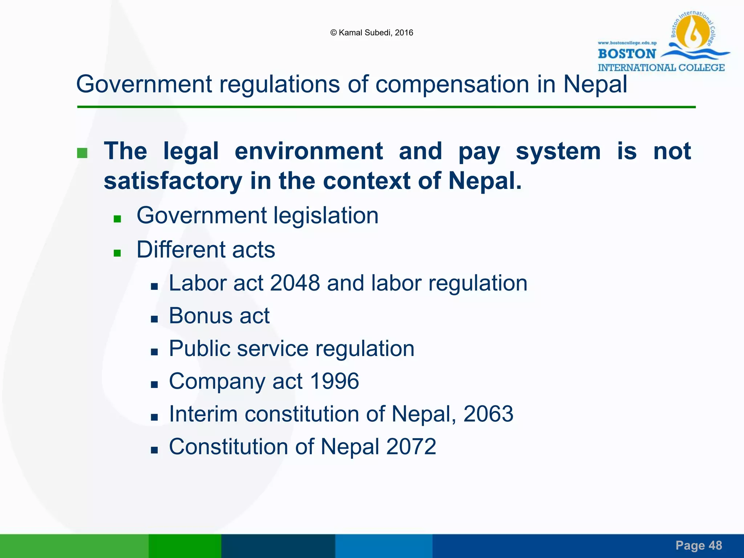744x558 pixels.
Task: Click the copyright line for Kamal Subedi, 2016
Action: pos(372,33)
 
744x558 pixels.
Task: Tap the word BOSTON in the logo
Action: pos(627,54)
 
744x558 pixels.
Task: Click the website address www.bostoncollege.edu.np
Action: pos(627,43)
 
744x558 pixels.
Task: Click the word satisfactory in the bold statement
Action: pos(173,181)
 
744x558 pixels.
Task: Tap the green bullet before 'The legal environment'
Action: pos(82,153)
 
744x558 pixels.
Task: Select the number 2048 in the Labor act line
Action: pos(295,283)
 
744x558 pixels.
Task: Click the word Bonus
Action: pos(200,315)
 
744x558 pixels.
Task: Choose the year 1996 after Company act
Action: pos(334,381)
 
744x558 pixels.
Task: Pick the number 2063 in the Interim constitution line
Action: pos(488,414)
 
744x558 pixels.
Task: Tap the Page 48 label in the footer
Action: pos(699,545)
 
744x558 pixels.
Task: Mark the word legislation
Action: pos(326,215)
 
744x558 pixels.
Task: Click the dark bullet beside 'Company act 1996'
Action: pos(154,384)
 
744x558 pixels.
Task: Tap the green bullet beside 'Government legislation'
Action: pos(117,219)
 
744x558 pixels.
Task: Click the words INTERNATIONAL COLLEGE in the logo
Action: pos(661,68)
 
